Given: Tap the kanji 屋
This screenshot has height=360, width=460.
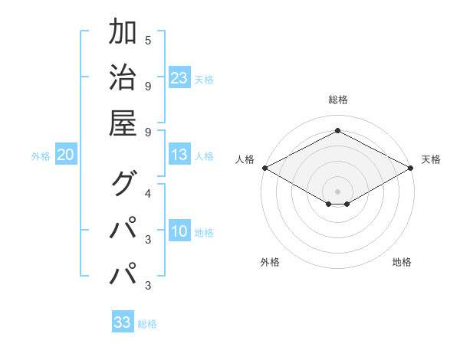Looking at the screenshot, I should [x=123, y=123].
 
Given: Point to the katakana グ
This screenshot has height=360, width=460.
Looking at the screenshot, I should [x=123, y=184].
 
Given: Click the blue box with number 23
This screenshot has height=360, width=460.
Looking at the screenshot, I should [x=179, y=77].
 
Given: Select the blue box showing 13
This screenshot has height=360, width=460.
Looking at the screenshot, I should [x=179, y=155].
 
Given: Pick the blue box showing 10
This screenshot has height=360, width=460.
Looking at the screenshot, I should [x=179, y=232].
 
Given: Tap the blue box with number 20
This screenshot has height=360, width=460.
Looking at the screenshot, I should [x=66, y=155].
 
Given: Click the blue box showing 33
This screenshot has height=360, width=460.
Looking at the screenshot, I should [x=123, y=322].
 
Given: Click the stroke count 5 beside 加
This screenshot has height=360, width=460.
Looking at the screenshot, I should [x=148, y=40].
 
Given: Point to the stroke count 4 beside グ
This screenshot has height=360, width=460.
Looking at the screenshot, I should [x=148, y=192].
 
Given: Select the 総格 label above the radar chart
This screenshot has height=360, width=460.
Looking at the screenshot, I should [x=337, y=100].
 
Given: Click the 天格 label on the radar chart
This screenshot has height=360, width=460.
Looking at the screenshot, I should [x=431, y=159].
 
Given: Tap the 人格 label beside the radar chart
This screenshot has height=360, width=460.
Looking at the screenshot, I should [x=245, y=159].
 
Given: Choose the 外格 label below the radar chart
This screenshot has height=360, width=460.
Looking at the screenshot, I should [x=270, y=262].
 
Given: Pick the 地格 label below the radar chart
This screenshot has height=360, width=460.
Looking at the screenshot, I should [x=402, y=262].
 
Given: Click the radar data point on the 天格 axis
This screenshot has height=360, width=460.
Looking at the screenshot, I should [x=412, y=168].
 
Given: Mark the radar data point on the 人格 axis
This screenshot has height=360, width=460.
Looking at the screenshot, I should [x=264, y=168].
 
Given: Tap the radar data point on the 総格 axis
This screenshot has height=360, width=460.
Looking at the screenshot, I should [x=337, y=130].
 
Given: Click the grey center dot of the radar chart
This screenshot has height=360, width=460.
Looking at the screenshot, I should [x=337, y=191].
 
